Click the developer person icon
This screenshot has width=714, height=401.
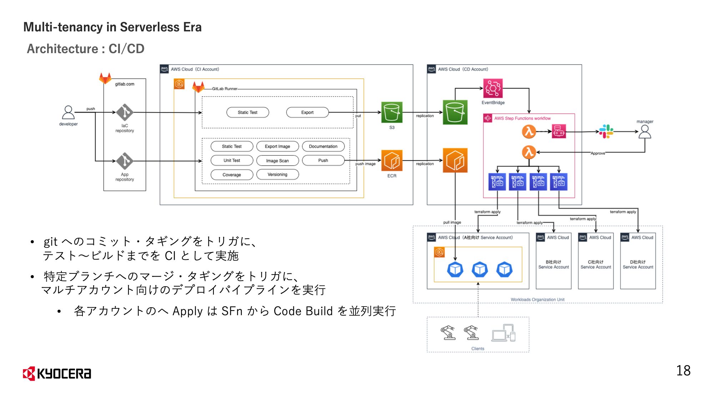pyautogui.click(x=68, y=113)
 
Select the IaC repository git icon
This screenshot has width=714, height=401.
pyautogui.click(x=125, y=112)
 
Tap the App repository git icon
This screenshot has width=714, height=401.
pyautogui.click(x=125, y=161)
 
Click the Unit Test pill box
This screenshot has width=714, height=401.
pyautogui.click(x=232, y=160)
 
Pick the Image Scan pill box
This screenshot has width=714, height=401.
pyautogui.click(x=277, y=161)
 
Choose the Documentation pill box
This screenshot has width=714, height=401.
pyautogui.click(x=323, y=146)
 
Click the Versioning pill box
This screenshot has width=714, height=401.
pyautogui.click(x=277, y=174)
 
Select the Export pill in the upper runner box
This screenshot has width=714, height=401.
pyautogui.click(x=307, y=112)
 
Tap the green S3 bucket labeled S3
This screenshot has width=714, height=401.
pyautogui.click(x=392, y=112)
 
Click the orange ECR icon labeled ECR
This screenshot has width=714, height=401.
pyautogui.click(x=392, y=161)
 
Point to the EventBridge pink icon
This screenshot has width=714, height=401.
pyautogui.click(x=493, y=88)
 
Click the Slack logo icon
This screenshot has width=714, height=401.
pyautogui.click(x=606, y=132)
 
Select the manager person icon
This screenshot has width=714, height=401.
pyautogui.click(x=645, y=132)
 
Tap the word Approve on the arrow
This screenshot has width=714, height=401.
pyautogui.click(x=598, y=153)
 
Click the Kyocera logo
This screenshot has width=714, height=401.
pyautogui.click(x=57, y=373)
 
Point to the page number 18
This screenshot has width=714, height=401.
pyautogui.click(x=683, y=371)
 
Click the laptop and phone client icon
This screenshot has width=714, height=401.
pyautogui.click(x=503, y=333)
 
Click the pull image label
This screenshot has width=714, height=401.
pyautogui.click(x=452, y=222)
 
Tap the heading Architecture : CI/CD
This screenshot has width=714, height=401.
pyautogui.click(x=86, y=49)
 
